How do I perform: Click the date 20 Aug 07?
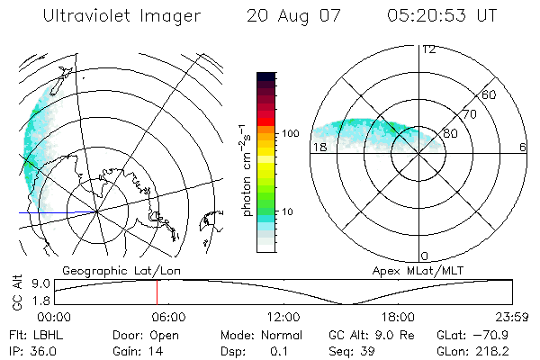[288, 17]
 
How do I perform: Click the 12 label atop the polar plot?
[429, 49]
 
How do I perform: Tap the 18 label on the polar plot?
[319, 147]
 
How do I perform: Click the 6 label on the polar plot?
[523, 147]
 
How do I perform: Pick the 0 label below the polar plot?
[425, 256]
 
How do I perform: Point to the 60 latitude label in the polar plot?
[489, 94]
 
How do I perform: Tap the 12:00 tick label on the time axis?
[283, 316]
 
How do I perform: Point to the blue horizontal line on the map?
[58, 213]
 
